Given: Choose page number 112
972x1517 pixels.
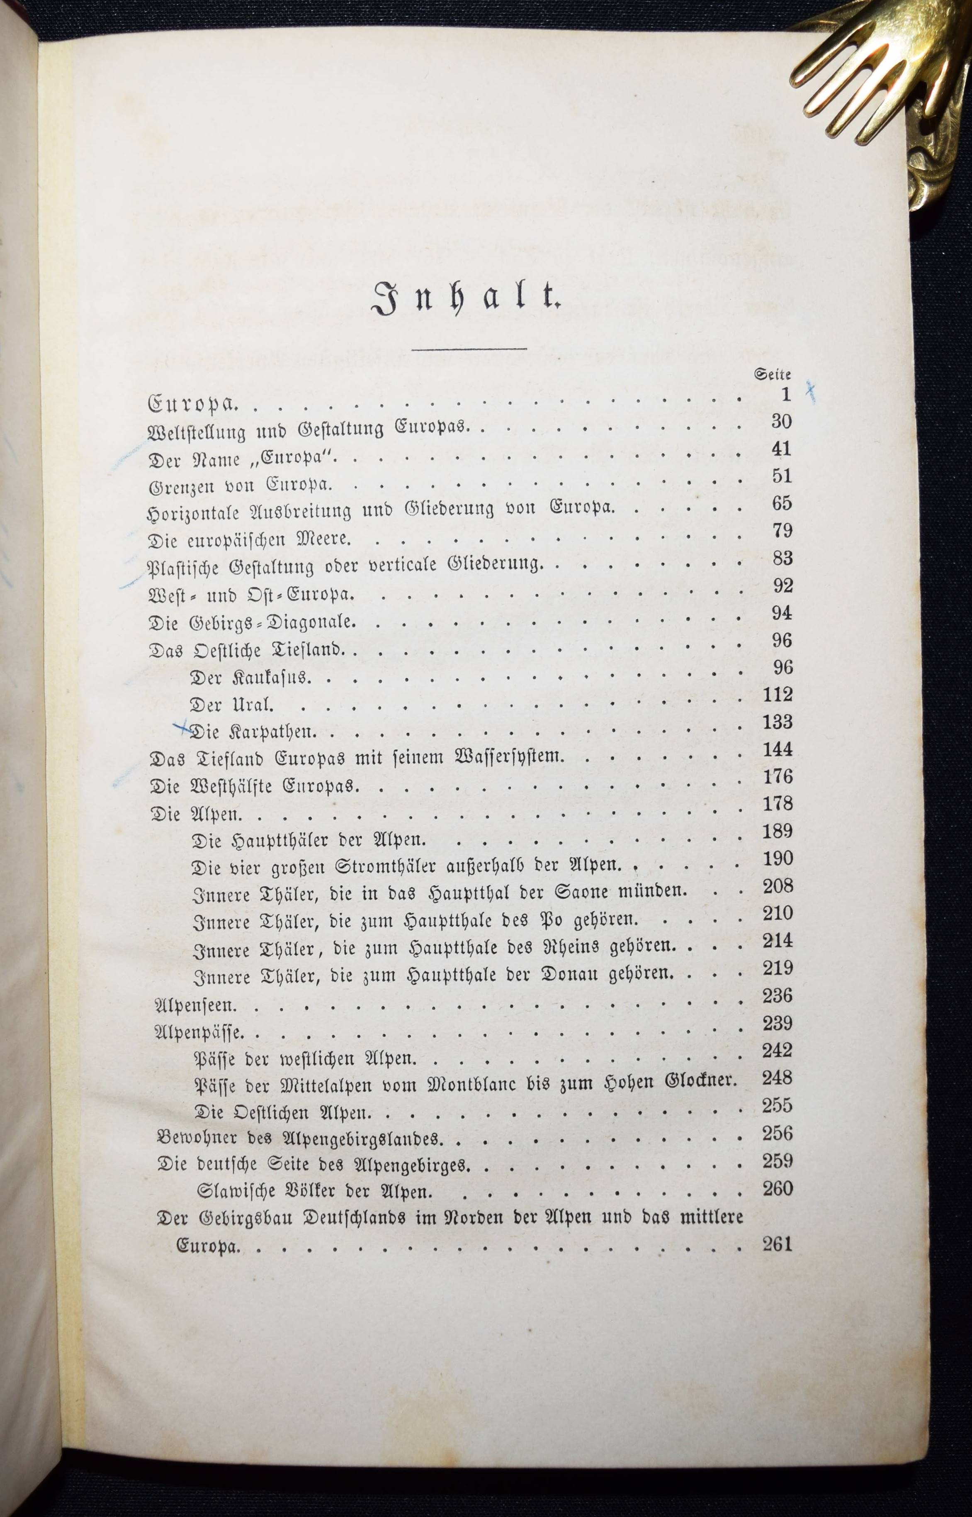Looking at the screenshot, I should (777, 695).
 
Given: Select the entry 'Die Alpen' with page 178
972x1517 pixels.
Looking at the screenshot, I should (196, 814).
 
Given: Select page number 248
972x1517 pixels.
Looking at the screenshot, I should (777, 1079).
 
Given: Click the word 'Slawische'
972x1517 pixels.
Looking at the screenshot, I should (238, 1191).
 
